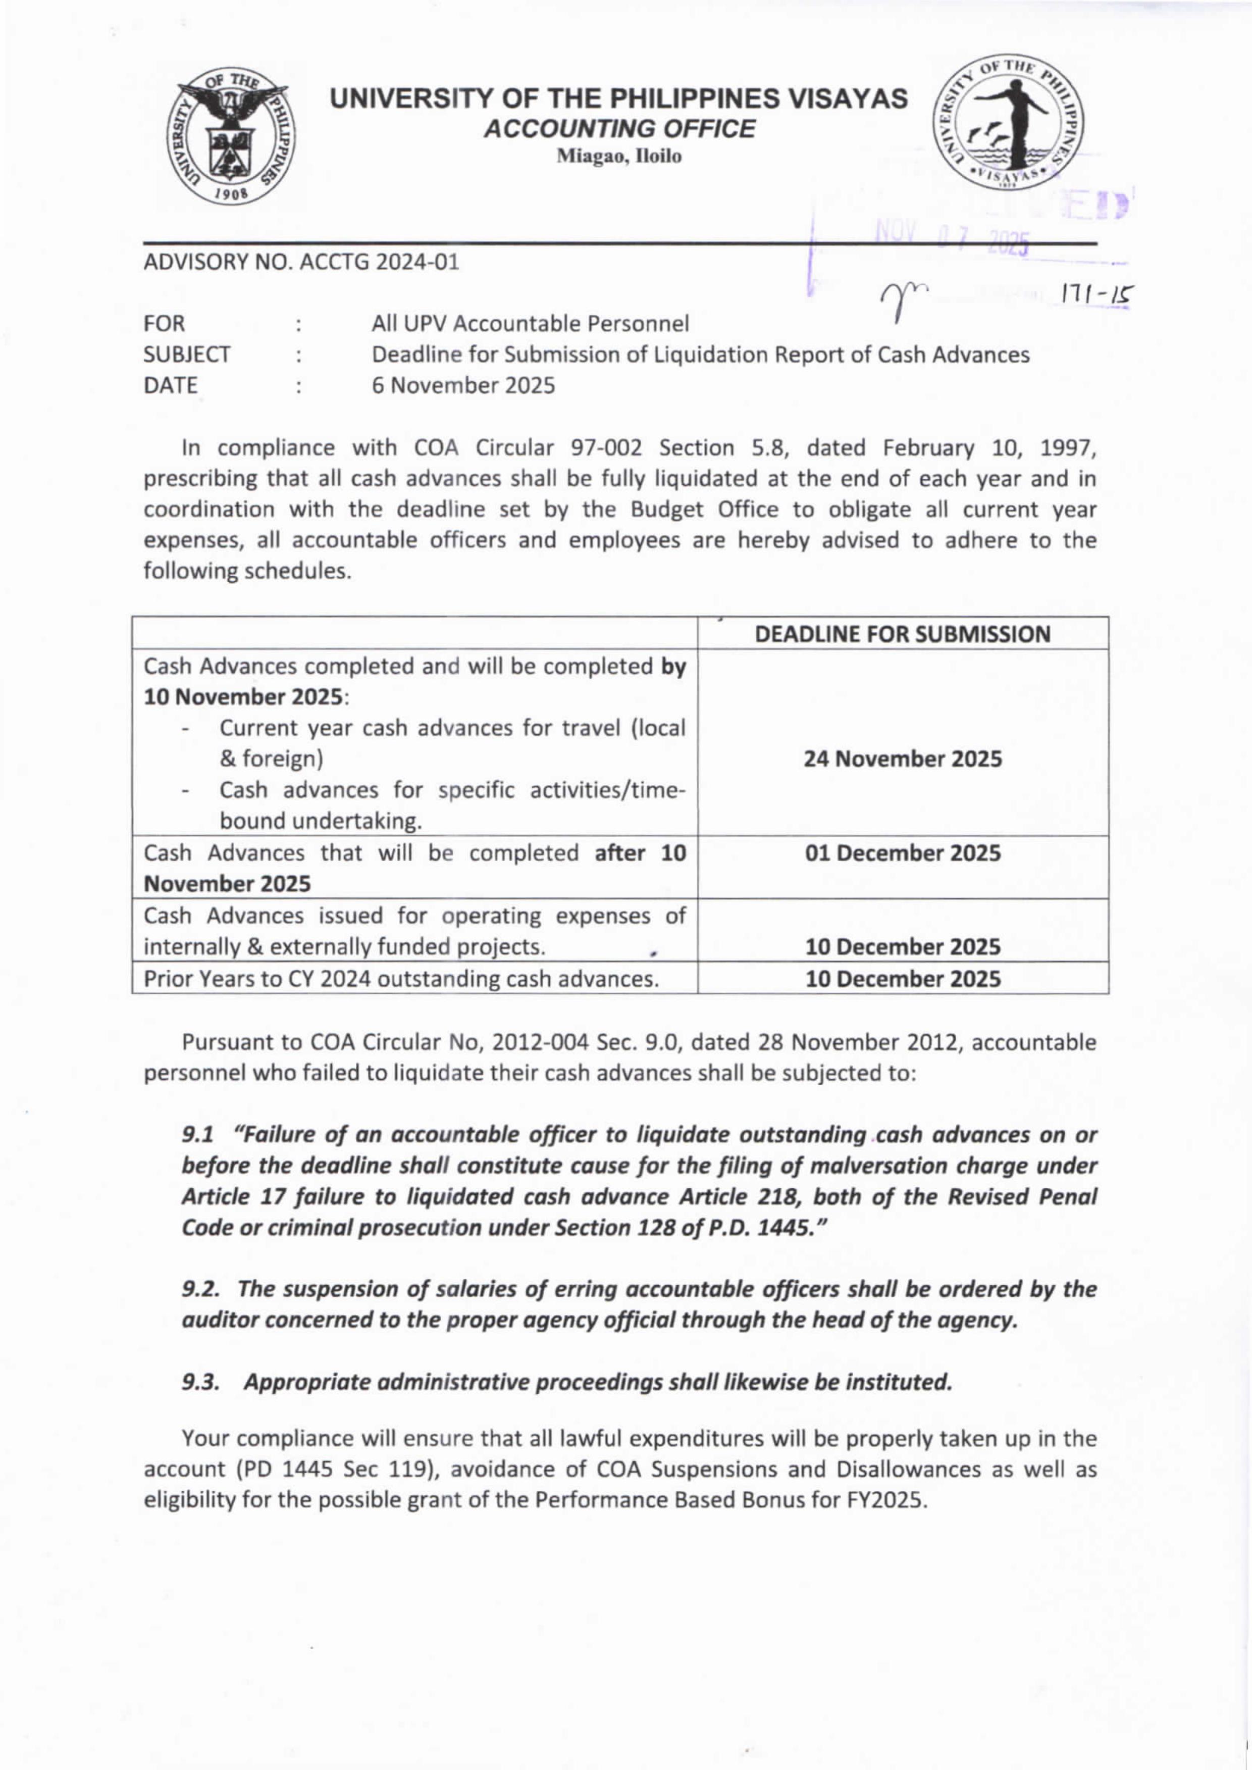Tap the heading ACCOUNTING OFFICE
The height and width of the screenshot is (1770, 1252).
(619, 129)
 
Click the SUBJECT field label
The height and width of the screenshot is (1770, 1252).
(187, 355)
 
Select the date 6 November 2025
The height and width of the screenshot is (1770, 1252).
(463, 386)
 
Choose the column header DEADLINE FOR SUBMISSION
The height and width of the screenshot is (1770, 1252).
(902, 634)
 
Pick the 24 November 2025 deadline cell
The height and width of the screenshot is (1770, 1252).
(903, 759)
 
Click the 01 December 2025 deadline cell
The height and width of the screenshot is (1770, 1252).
(903, 853)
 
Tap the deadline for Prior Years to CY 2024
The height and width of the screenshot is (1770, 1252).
(903, 979)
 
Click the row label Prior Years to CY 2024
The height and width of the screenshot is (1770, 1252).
(401, 979)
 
